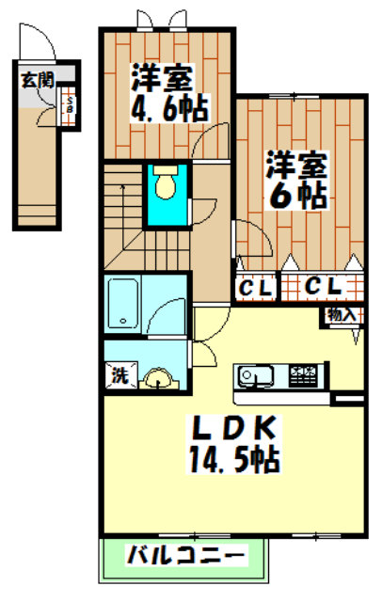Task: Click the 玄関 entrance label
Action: coord(38,78)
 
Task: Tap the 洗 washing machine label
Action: coord(119,373)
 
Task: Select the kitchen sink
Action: coord(254,376)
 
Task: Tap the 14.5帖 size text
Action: coord(231,461)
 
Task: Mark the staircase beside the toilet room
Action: coord(127,216)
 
